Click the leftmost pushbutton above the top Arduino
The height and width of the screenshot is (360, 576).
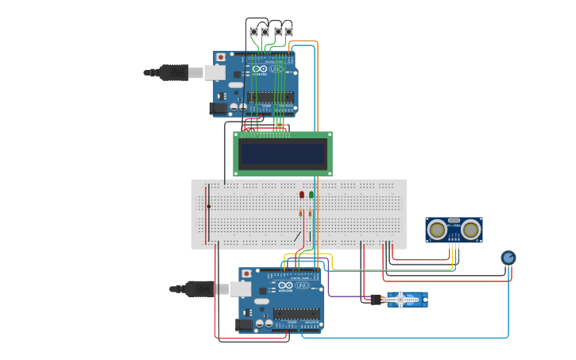tap(253, 32)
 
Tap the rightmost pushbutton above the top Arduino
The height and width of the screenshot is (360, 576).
tap(288, 32)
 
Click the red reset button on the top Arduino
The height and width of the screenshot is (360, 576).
tap(220, 58)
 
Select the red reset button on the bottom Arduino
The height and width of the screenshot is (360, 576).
tap(245, 273)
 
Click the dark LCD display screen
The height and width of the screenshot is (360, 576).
tap(283, 153)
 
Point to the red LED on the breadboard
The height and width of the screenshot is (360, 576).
tap(302, 195)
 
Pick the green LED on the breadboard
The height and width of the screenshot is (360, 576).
tap(311, 195)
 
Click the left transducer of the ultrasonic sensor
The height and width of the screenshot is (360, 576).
tap(437, 230)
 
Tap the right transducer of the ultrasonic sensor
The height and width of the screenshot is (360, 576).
tap(471, 230)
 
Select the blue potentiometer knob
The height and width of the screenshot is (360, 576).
tap(508, 257)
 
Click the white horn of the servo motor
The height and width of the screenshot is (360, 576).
tap(403, 299)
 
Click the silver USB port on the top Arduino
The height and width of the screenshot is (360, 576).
tap(215, 73)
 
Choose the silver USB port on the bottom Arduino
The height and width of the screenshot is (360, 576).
tap(240, 289)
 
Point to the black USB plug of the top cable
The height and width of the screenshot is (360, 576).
tap(173, 73)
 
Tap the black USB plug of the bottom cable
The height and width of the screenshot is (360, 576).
tap(199, 288)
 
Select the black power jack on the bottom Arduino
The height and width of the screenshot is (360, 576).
tap(243, 324)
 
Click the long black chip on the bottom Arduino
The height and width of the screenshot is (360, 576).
tap(296, 313)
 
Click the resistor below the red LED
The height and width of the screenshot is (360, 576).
tap(301, 212)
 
